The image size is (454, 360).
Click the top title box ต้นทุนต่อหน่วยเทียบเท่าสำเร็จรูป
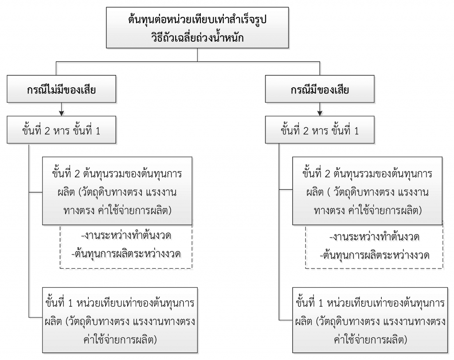(x=197, y=28)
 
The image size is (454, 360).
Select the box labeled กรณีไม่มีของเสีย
(x=61, y=89)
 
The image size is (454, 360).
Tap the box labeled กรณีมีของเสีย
(x=320, y=89)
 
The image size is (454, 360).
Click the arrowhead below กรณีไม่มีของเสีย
(x=61, y=113)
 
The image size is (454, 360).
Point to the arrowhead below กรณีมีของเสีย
(x=320, y=113)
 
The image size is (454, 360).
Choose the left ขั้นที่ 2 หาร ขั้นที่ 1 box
(x=61, y=130)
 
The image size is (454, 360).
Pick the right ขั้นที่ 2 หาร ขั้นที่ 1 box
(x=320, y=130)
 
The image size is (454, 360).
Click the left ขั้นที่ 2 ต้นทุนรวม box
(x=117, y=191)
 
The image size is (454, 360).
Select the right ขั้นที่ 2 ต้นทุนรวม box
(x=368, y=191)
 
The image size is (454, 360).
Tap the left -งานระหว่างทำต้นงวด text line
(x=126, y=236)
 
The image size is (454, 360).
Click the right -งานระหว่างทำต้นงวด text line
(x=374, y=237)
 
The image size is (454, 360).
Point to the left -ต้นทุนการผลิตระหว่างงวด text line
(x=126, y=254)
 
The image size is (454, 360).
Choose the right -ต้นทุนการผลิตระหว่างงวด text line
(x=374, y=255)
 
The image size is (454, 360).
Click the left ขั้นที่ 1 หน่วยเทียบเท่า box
(x=120, y=320)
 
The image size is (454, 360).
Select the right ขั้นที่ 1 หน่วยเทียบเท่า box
(x=370, y=320)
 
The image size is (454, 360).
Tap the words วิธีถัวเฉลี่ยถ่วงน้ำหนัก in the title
(x=197, y=38)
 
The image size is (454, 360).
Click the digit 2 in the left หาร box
(x=47, y=131)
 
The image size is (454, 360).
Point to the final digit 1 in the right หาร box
(x=356, y=131)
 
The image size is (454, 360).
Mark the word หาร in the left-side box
(x=62, y=131)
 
